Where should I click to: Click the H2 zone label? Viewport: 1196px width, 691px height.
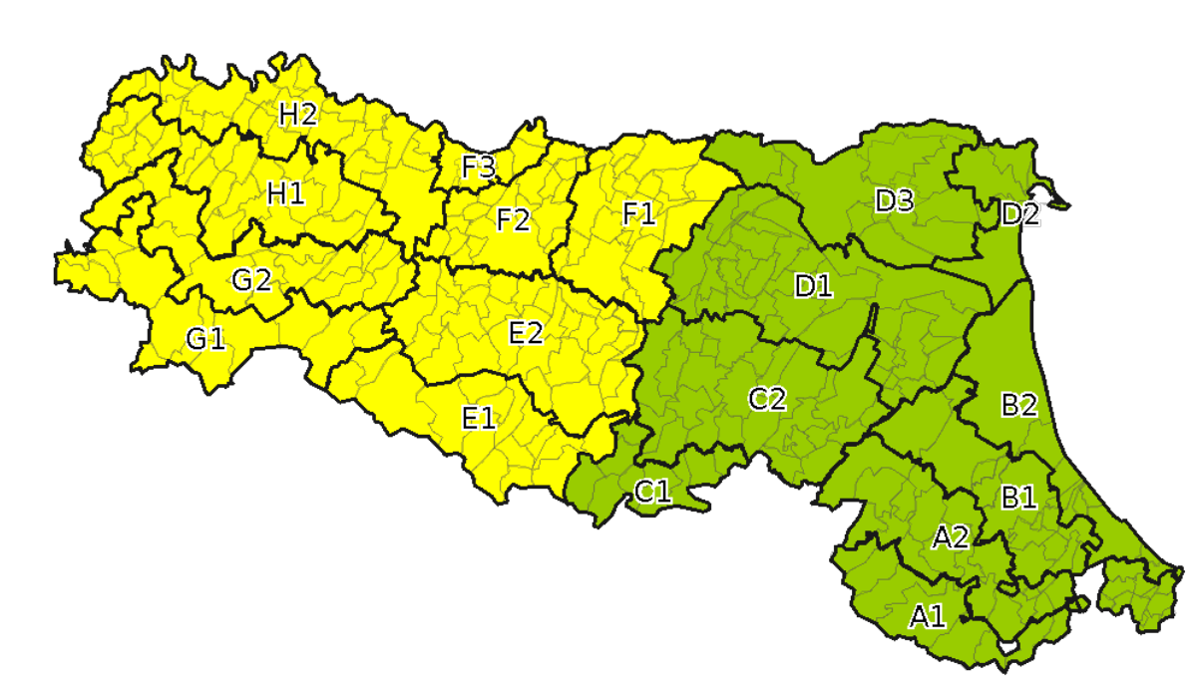297,115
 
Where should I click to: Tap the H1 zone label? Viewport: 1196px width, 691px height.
285,192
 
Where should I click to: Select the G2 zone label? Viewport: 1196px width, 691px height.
251,281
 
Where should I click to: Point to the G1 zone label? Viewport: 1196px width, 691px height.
205,340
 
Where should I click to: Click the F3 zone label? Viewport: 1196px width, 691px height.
479,168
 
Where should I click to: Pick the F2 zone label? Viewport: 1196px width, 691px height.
513,219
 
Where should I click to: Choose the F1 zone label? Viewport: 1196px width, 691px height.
639,213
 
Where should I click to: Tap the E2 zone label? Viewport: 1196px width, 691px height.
526,333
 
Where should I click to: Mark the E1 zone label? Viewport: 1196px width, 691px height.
479,419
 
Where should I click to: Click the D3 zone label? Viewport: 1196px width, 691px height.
894,201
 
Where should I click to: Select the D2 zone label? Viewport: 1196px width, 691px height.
1019,214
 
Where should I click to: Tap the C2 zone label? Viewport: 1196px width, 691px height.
768,400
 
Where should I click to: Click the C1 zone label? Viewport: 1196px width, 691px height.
652,491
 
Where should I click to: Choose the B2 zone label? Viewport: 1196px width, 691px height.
1018,405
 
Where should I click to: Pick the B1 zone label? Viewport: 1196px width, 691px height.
1018,498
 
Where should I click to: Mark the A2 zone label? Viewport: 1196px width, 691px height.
950,538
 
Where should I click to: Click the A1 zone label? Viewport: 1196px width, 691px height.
927,616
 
